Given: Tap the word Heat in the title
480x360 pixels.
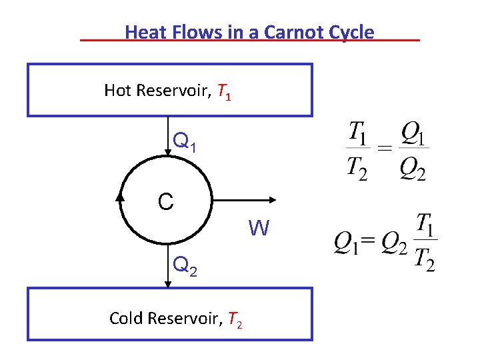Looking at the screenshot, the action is (144, 32).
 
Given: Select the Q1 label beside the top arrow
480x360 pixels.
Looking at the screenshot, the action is (185, 141).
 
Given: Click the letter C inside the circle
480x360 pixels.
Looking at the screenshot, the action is (166, 201).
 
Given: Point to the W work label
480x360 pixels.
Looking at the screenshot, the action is (259, 229).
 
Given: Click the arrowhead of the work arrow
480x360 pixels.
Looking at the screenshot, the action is (273, 199).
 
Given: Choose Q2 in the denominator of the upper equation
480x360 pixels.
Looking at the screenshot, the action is (413, 171).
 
